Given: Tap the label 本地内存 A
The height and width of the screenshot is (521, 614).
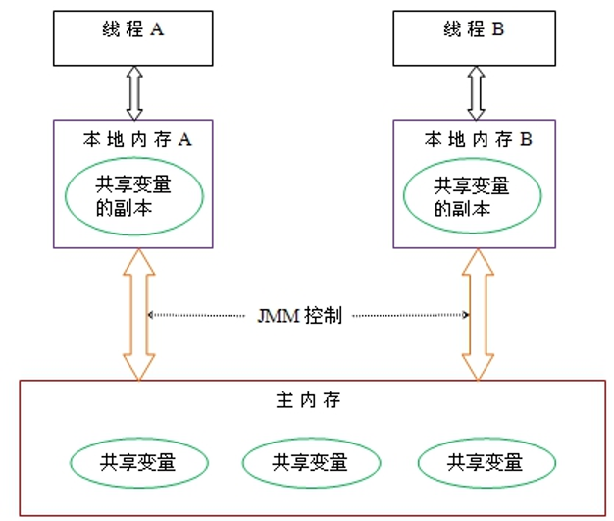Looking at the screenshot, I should (x=136, y=139).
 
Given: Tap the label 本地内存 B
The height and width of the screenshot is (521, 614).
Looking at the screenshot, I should (x=479, y=139).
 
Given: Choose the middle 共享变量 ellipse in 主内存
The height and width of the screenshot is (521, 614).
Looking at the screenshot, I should (x=309, y=462).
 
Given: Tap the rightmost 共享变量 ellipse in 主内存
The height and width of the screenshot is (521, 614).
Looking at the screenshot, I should (x=484, y=462).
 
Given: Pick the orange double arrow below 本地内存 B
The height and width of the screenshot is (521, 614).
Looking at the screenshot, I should (x=479, y=314).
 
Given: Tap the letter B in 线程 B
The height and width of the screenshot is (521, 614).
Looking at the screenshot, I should (x=498, y=30).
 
